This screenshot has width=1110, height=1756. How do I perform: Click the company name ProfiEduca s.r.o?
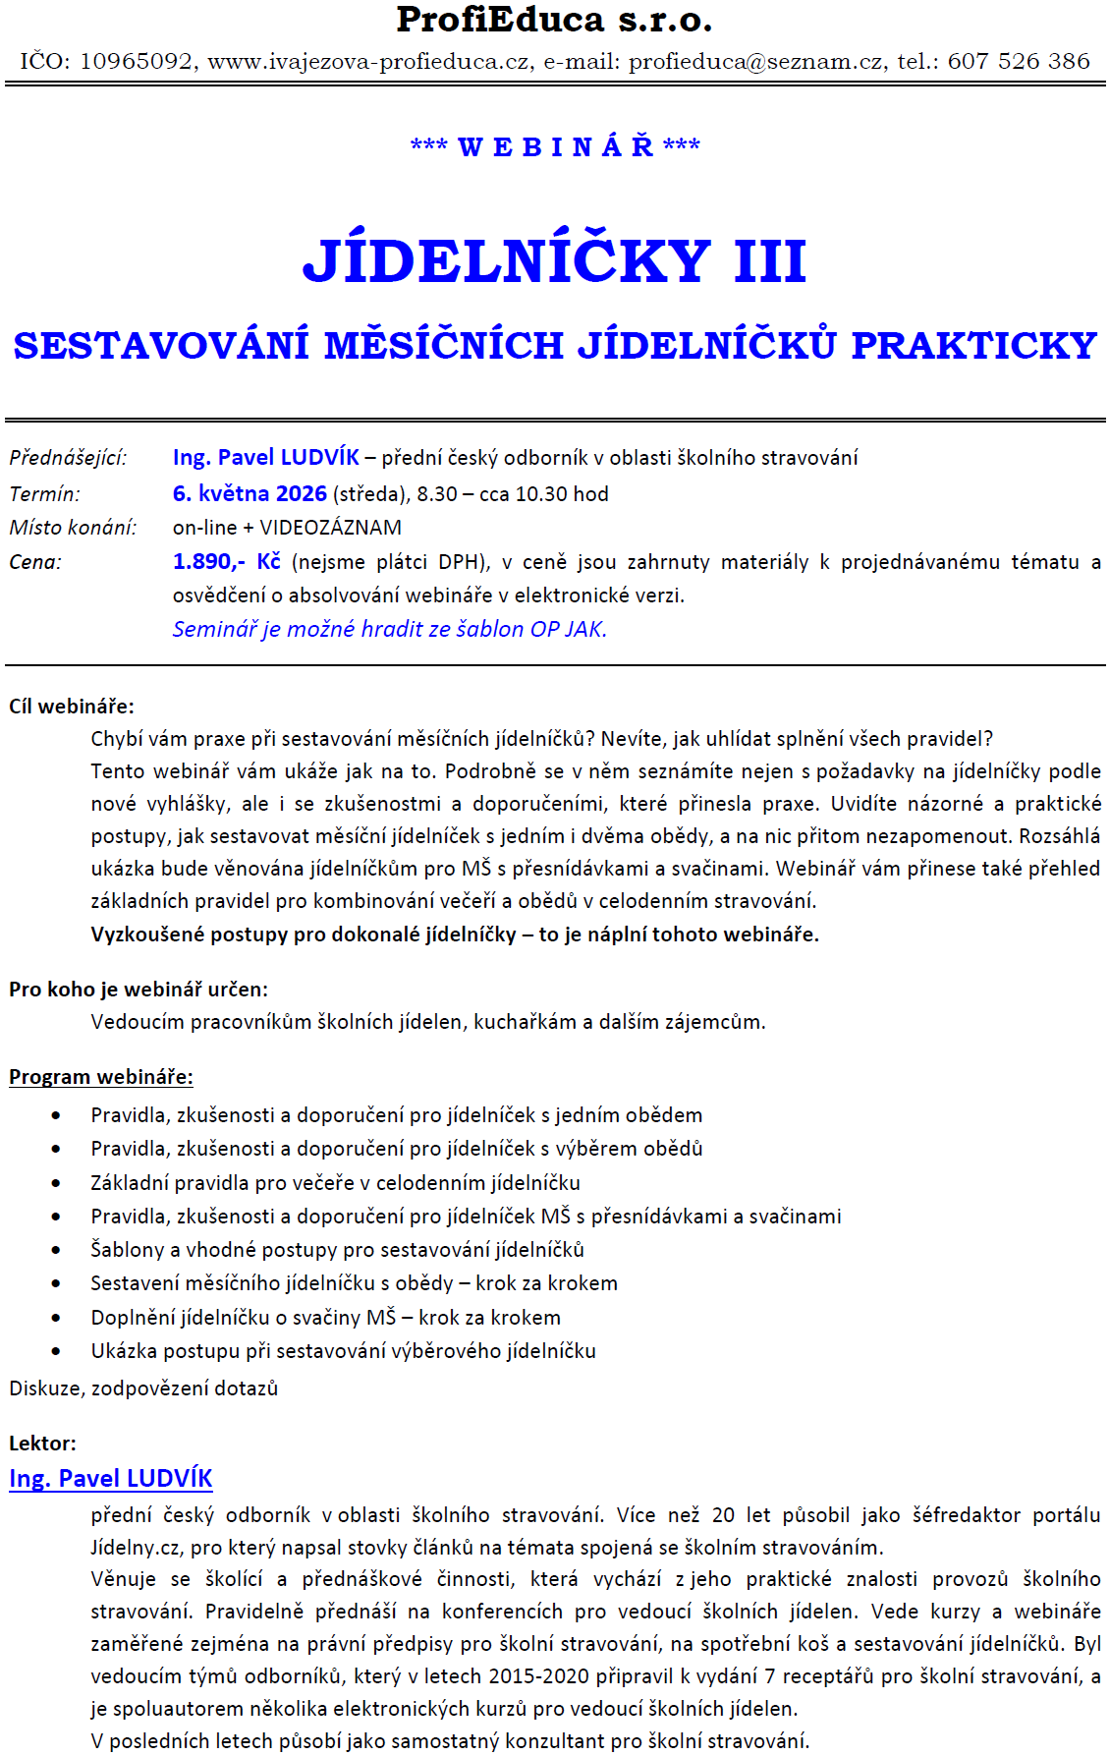pos(554,20)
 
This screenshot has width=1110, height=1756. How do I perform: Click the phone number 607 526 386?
pos(1019,62)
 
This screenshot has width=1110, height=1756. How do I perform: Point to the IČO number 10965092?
pos(137,62)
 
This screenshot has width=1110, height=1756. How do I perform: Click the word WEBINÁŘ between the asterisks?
pos(555,147)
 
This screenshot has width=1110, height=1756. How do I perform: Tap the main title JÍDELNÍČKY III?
pos(554,261)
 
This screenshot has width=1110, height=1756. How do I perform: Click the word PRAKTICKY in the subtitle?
pos(973,346)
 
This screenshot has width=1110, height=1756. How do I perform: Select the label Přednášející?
pos(68,458)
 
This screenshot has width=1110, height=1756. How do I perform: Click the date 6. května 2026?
pos(250,494)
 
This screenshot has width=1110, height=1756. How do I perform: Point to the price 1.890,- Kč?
pos(226,562)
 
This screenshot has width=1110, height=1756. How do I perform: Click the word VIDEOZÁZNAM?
pos(330,528)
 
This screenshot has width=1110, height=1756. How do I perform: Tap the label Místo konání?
pos(73,528)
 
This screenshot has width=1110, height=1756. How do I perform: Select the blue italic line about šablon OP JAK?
pos(389,630)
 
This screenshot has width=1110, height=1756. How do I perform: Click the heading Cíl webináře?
pos(72,707)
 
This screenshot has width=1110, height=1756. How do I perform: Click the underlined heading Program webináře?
pos(101,1077)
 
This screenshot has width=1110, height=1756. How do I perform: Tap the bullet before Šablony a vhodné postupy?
pos(56,1251)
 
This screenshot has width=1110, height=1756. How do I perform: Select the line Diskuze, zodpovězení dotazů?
pos(143,1388)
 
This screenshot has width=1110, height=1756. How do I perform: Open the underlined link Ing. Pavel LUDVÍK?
pos(111,1479)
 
